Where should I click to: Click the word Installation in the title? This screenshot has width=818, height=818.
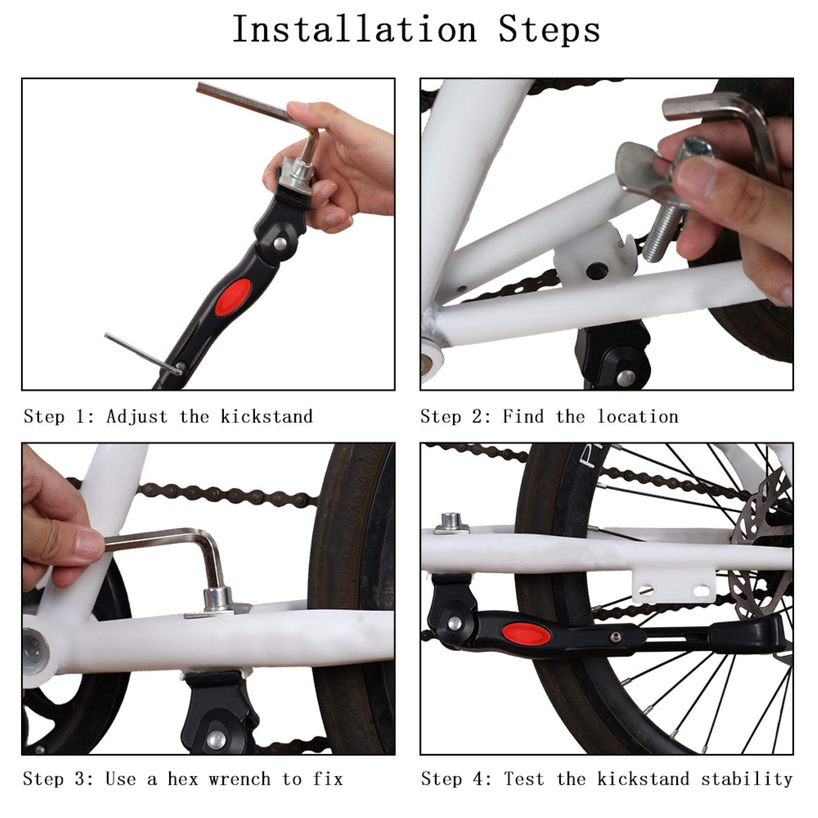pos(354,30)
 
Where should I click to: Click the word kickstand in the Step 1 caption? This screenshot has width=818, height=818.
pos(266,417)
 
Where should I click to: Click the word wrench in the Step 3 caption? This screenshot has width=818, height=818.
pos(239,779)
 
